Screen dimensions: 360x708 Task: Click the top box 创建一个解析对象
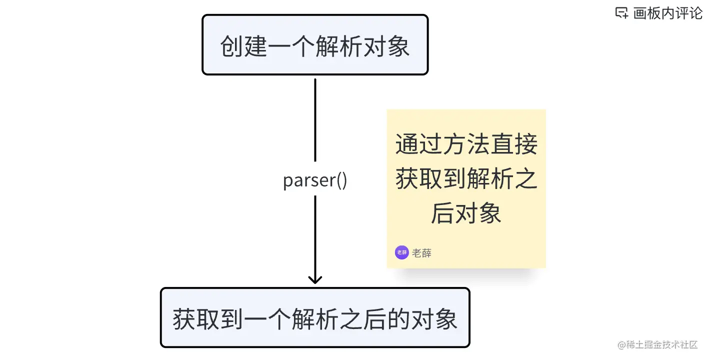(x=315, y=45)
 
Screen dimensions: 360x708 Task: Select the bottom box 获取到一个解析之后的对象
(x=315, y=318)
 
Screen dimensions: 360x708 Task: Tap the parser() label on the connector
(x=315, y=180)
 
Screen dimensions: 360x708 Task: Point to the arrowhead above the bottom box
(x=315, y=278)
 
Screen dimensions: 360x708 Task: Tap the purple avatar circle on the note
(x=401, y=253)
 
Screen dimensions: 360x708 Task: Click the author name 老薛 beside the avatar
(x=422, y=253)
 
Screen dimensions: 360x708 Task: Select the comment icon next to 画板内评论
(x=621, y=13)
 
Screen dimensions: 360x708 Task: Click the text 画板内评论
(x=668, y=13)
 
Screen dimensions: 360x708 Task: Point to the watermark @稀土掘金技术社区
(x=658, y=345)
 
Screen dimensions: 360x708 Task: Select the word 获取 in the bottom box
(x=196, y=319)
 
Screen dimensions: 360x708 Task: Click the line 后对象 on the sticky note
(x=466, y=214)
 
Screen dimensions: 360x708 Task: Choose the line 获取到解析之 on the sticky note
(x=466, y=179)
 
